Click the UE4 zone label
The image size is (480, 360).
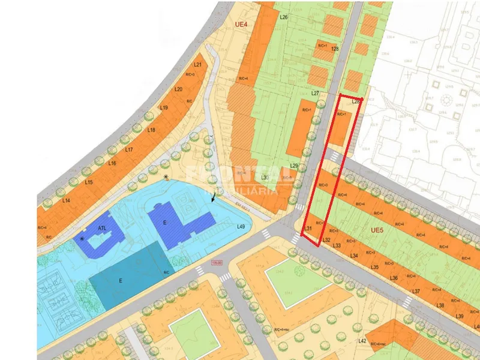tap(242, 25)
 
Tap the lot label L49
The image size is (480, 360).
tap(241, 227)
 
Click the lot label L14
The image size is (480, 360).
tap(66, 200)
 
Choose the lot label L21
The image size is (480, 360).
tap(197, 65)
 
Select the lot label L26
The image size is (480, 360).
tap(284, 17)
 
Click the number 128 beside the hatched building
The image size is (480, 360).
tap(335, 49)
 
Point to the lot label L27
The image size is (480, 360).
tap(316, 94)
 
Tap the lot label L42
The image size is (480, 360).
tap(362, 341)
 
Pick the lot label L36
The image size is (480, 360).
tap(394, 278)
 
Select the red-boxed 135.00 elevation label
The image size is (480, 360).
tap(217, 262)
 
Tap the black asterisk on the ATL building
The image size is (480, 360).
tap(82, 239)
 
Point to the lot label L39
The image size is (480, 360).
tap(460, 316)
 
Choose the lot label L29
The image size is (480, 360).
tap(294, 166)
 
